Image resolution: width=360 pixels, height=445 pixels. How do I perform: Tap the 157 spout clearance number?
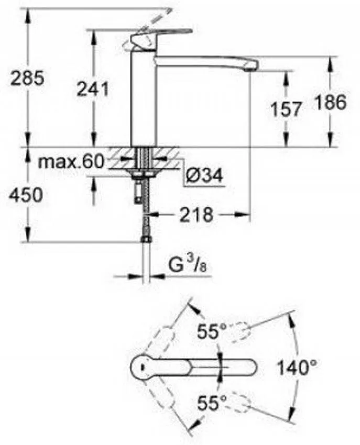(x=286, y=109)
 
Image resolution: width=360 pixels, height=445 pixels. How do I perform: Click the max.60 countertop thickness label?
(x=71, y=162)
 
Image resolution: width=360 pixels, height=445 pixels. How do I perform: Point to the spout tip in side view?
(x=250, y=65)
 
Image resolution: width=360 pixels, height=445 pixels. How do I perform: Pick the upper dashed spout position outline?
(x=241, y=331)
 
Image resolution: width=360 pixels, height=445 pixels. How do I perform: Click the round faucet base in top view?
(x=141, y=366)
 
